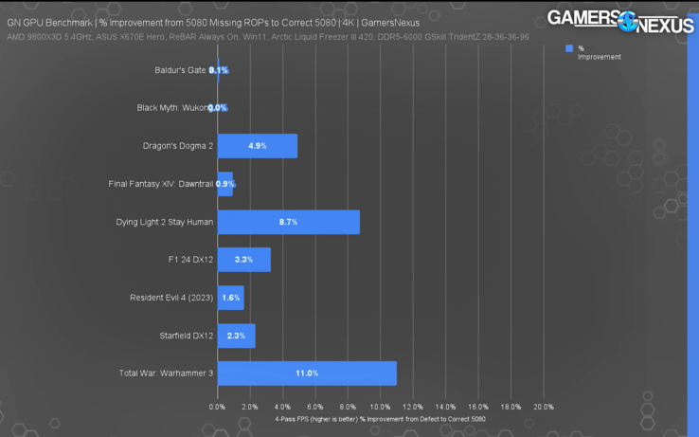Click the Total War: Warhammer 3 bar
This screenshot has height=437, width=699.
(306, 373)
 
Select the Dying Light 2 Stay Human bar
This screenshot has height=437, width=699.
(288, 222)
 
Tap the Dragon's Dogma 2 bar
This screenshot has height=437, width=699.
(257, 146)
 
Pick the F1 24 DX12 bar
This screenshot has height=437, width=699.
(243, 260)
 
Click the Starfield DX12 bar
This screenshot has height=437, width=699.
(236, 336)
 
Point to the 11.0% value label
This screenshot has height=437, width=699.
(306, 373)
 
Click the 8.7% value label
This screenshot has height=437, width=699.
(288, 222)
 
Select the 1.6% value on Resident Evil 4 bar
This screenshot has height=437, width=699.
(230, 298)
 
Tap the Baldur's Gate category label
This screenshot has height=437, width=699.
(180, 70)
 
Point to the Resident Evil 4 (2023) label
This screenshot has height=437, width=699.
(171, 298)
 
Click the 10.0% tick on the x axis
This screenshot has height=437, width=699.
(381, 407)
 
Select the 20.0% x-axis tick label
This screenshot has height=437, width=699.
(543, 407)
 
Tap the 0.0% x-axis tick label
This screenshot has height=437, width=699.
(218, 407)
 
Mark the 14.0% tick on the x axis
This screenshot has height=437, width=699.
(445, 407)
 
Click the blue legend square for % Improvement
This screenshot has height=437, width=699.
(569, 48)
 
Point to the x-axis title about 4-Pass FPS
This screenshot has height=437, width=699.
(381, 418)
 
